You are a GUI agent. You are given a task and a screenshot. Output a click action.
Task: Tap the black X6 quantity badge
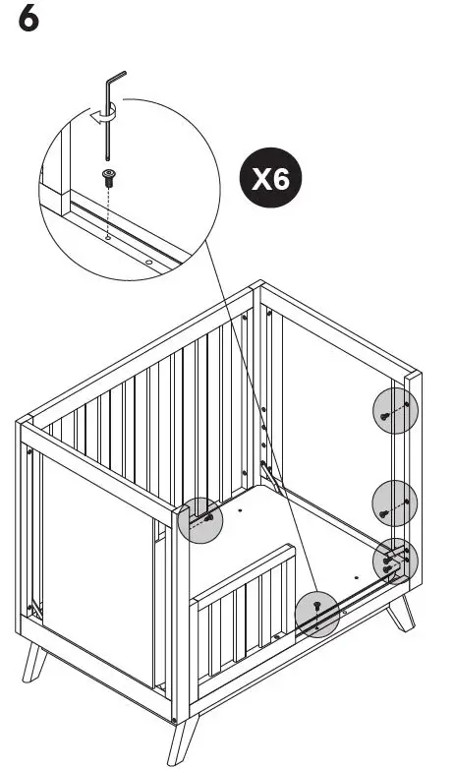pos(271,180)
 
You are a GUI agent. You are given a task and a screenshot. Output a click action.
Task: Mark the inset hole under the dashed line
pos(107,237)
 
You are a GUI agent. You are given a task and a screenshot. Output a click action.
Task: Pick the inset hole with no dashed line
pos(148,263)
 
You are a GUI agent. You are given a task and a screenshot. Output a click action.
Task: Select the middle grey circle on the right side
pos(395,503)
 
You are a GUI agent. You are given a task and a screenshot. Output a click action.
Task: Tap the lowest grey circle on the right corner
pos(395,562)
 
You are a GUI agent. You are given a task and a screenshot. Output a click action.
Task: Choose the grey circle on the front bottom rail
pos(318,614)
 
